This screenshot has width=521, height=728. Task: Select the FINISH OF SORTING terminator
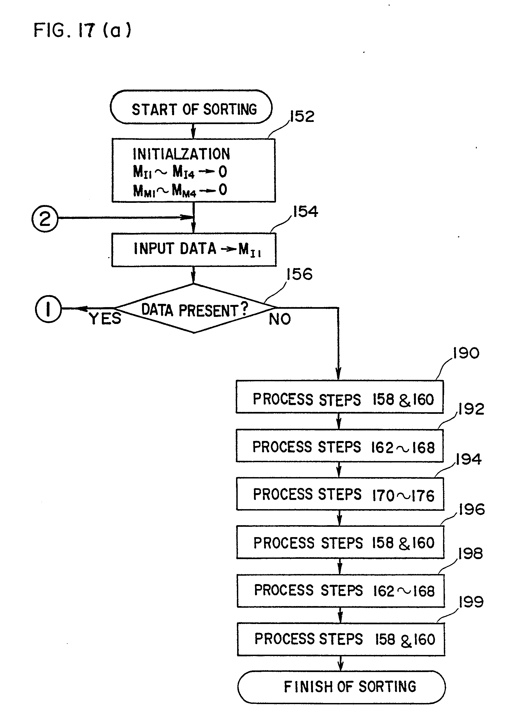341,687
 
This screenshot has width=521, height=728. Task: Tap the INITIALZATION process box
193,170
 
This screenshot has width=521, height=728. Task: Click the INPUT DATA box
193,250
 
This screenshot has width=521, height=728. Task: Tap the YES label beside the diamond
105,319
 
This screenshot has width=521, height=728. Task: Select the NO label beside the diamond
280,319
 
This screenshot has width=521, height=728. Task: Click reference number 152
302,117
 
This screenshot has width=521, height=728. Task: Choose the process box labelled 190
340,397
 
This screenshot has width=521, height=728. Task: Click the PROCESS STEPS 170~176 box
340,494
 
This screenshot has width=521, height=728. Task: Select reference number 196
471,510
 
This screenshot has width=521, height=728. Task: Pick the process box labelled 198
341,591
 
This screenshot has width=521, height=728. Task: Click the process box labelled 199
341,639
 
